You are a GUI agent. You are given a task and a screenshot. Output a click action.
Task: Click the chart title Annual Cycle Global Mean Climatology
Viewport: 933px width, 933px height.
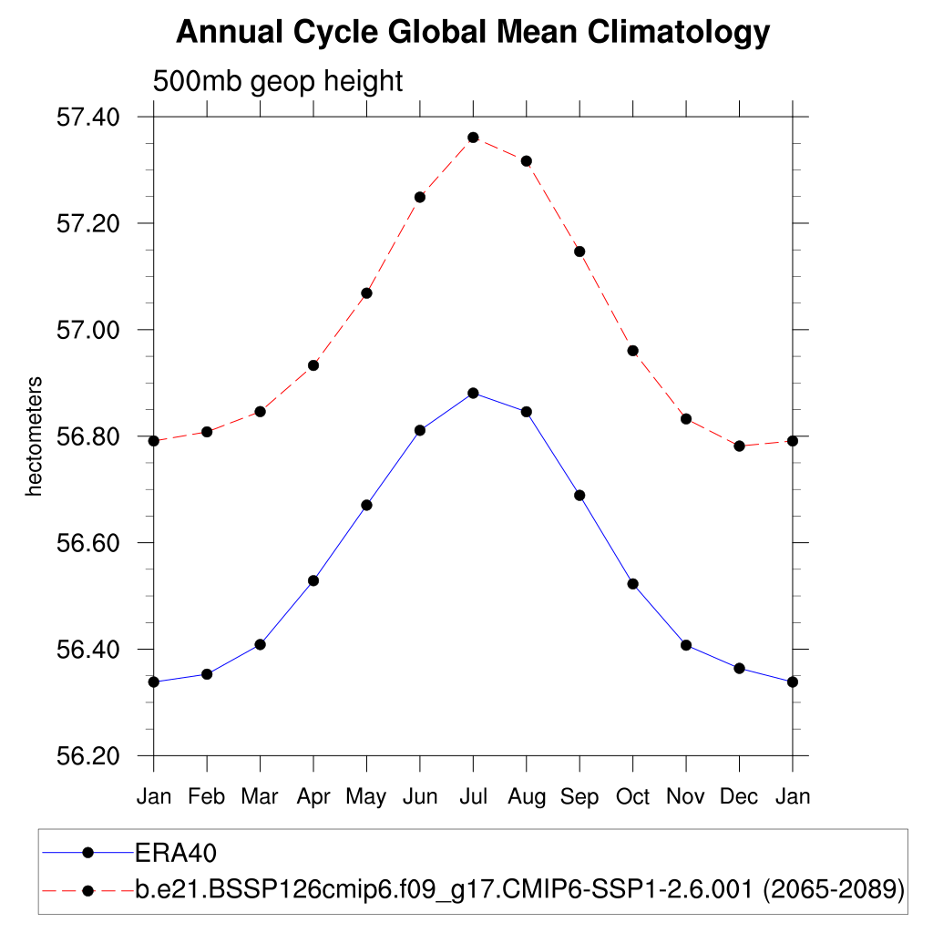(x=473, y=33)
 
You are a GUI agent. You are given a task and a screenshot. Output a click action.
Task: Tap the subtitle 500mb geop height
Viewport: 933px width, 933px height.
(x=277, y=81)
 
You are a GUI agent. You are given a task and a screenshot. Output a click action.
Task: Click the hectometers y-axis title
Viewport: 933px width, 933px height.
(x=35, y=436)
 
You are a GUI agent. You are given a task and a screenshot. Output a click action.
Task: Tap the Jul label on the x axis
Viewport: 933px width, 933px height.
(x=473, y=796)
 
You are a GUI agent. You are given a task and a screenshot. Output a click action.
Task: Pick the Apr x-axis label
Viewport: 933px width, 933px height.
(x=313, y=796)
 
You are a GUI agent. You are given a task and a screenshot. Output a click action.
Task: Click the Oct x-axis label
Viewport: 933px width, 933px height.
(x=632, y=796)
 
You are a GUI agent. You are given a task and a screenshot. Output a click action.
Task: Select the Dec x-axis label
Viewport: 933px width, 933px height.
(x=739, y=796)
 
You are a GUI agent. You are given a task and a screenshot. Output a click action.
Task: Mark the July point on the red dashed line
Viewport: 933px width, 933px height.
(x=473, y=138)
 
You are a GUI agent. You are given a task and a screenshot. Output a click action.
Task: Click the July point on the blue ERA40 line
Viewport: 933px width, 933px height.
(x=473, y=393)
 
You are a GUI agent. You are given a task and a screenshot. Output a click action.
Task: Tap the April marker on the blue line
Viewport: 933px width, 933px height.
(x=313, y=580)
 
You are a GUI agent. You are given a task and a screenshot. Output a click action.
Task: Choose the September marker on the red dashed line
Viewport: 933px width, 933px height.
(x=579, y=251)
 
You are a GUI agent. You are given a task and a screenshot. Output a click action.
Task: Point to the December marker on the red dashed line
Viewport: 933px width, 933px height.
(x=739, y=446)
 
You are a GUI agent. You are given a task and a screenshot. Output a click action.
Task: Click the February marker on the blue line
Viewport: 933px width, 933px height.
(x=207, y=674)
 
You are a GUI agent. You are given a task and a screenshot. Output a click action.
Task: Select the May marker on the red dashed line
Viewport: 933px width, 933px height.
(x=366, y=293)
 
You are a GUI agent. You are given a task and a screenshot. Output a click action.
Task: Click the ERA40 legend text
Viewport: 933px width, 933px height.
(x=175, y=853)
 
